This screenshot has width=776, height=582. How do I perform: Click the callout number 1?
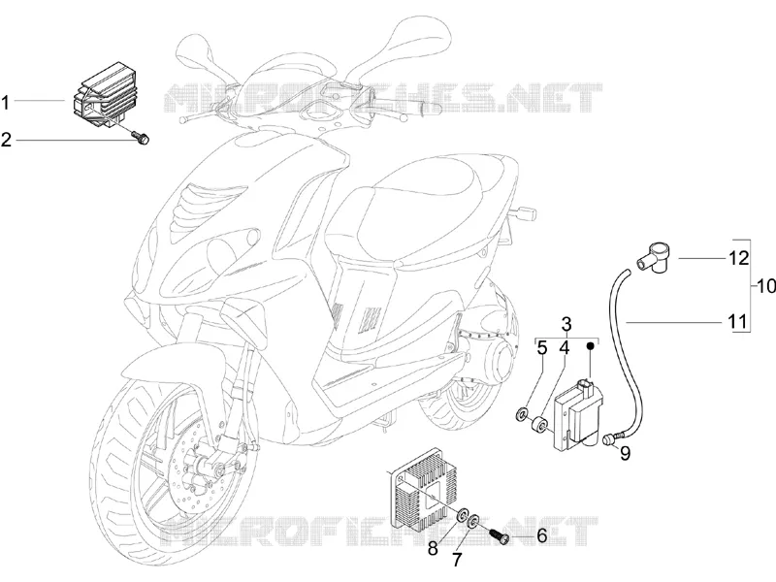point(6,103)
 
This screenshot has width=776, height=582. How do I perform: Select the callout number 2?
point(6,140)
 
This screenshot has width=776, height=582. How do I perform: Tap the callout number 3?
point(566,325)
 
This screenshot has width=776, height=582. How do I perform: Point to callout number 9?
point(626,453)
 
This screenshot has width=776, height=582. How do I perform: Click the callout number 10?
point(766,286)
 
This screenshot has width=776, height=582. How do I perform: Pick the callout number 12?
point(739,258)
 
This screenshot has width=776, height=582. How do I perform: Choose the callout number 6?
point(541,535)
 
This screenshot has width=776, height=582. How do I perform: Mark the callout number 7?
point(457,560)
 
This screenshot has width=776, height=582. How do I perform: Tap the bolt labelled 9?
point(612,438)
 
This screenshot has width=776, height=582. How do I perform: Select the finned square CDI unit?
point(426,484)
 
